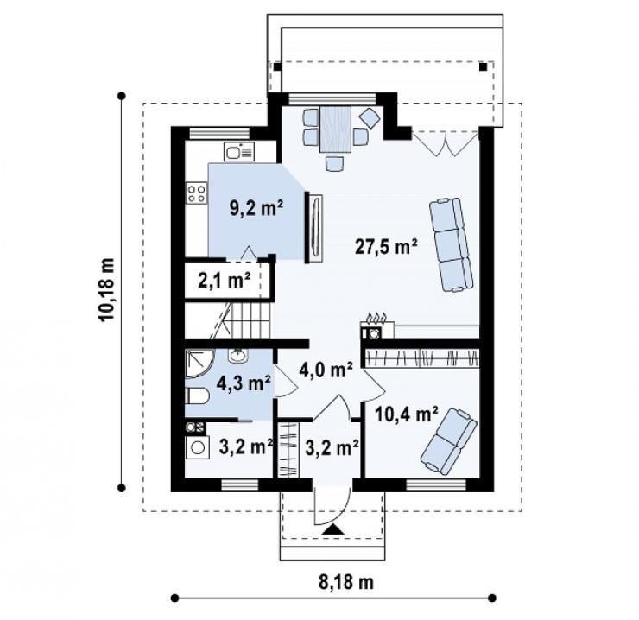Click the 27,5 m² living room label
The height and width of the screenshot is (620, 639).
coord(386,246)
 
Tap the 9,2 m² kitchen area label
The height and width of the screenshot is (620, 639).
coord(256,208)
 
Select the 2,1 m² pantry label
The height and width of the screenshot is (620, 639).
coord(225,281)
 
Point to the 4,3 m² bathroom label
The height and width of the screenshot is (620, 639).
coord(244,383)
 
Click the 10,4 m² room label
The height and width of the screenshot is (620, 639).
coord(407,414)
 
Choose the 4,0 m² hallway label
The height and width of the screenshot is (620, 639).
coord(326,370)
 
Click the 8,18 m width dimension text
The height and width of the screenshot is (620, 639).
coord(346,582)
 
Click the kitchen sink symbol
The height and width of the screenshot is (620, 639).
coord(239,152)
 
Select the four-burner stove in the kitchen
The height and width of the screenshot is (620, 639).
coord(196,193)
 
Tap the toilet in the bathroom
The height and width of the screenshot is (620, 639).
coord(197,396)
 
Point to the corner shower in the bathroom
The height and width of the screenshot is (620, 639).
coord(199,364)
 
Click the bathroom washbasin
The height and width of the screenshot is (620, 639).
coord(237,356)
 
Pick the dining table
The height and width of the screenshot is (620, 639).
coord(335,130)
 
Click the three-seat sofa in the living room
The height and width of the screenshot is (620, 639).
coord(452,244)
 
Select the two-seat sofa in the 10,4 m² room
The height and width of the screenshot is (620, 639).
coord(449,442)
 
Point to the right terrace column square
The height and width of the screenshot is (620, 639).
coord(483,66)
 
